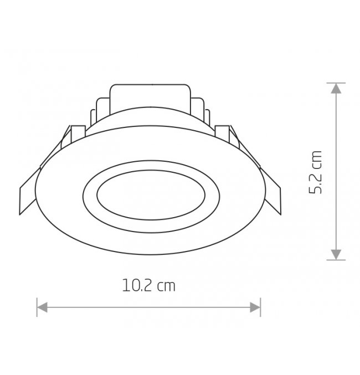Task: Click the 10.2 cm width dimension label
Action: [x=149, y=285]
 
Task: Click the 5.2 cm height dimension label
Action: [x=315, y=172]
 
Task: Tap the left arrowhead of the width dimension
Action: [x=42, y=307]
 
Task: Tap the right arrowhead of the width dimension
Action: [x=255, y=307]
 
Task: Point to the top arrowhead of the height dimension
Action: [x=336, y=88]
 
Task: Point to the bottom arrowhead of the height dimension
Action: [x=336, y=254]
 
